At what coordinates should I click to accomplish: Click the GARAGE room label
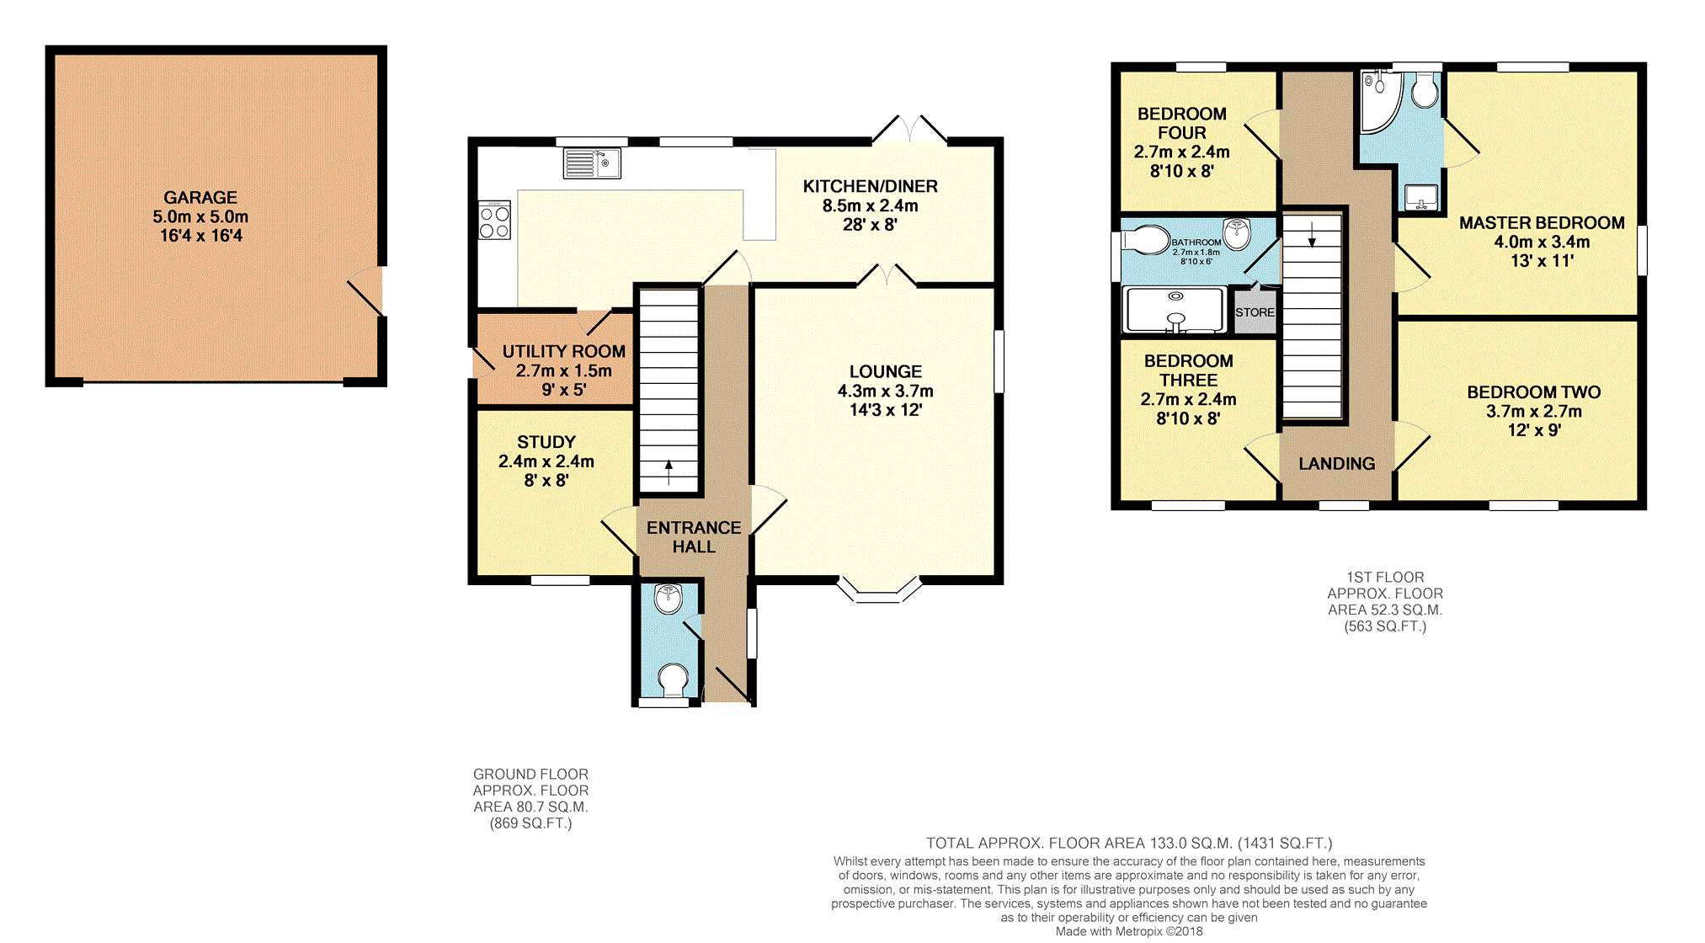click(200, 198)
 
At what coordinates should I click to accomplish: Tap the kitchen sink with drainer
click(592, 163)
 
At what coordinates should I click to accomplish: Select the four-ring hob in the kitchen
click(494, 220)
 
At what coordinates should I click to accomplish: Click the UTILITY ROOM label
click(564, 352)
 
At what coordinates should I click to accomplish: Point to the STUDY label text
click(546, 442)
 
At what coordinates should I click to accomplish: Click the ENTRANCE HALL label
click(694, 537)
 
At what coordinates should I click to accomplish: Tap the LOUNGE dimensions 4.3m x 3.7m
click(886, 391)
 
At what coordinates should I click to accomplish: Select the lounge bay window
click(878, 591)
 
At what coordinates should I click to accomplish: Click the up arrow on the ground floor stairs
click(669, 472)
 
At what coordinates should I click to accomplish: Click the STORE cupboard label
click(1255, 312)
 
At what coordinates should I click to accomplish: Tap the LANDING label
click(1337, 464)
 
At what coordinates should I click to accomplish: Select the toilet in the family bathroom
click(1145, 239)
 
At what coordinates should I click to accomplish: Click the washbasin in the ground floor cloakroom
click(668, 599)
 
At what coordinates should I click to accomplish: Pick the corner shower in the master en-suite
click(1380, 102)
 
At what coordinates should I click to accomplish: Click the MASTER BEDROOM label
click(1542, 223)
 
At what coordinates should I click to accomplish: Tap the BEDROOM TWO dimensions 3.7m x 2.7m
click(1534, 412)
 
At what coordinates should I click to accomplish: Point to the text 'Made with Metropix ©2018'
click(1129, 931)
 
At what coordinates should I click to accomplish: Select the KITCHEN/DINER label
click(870, 187)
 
